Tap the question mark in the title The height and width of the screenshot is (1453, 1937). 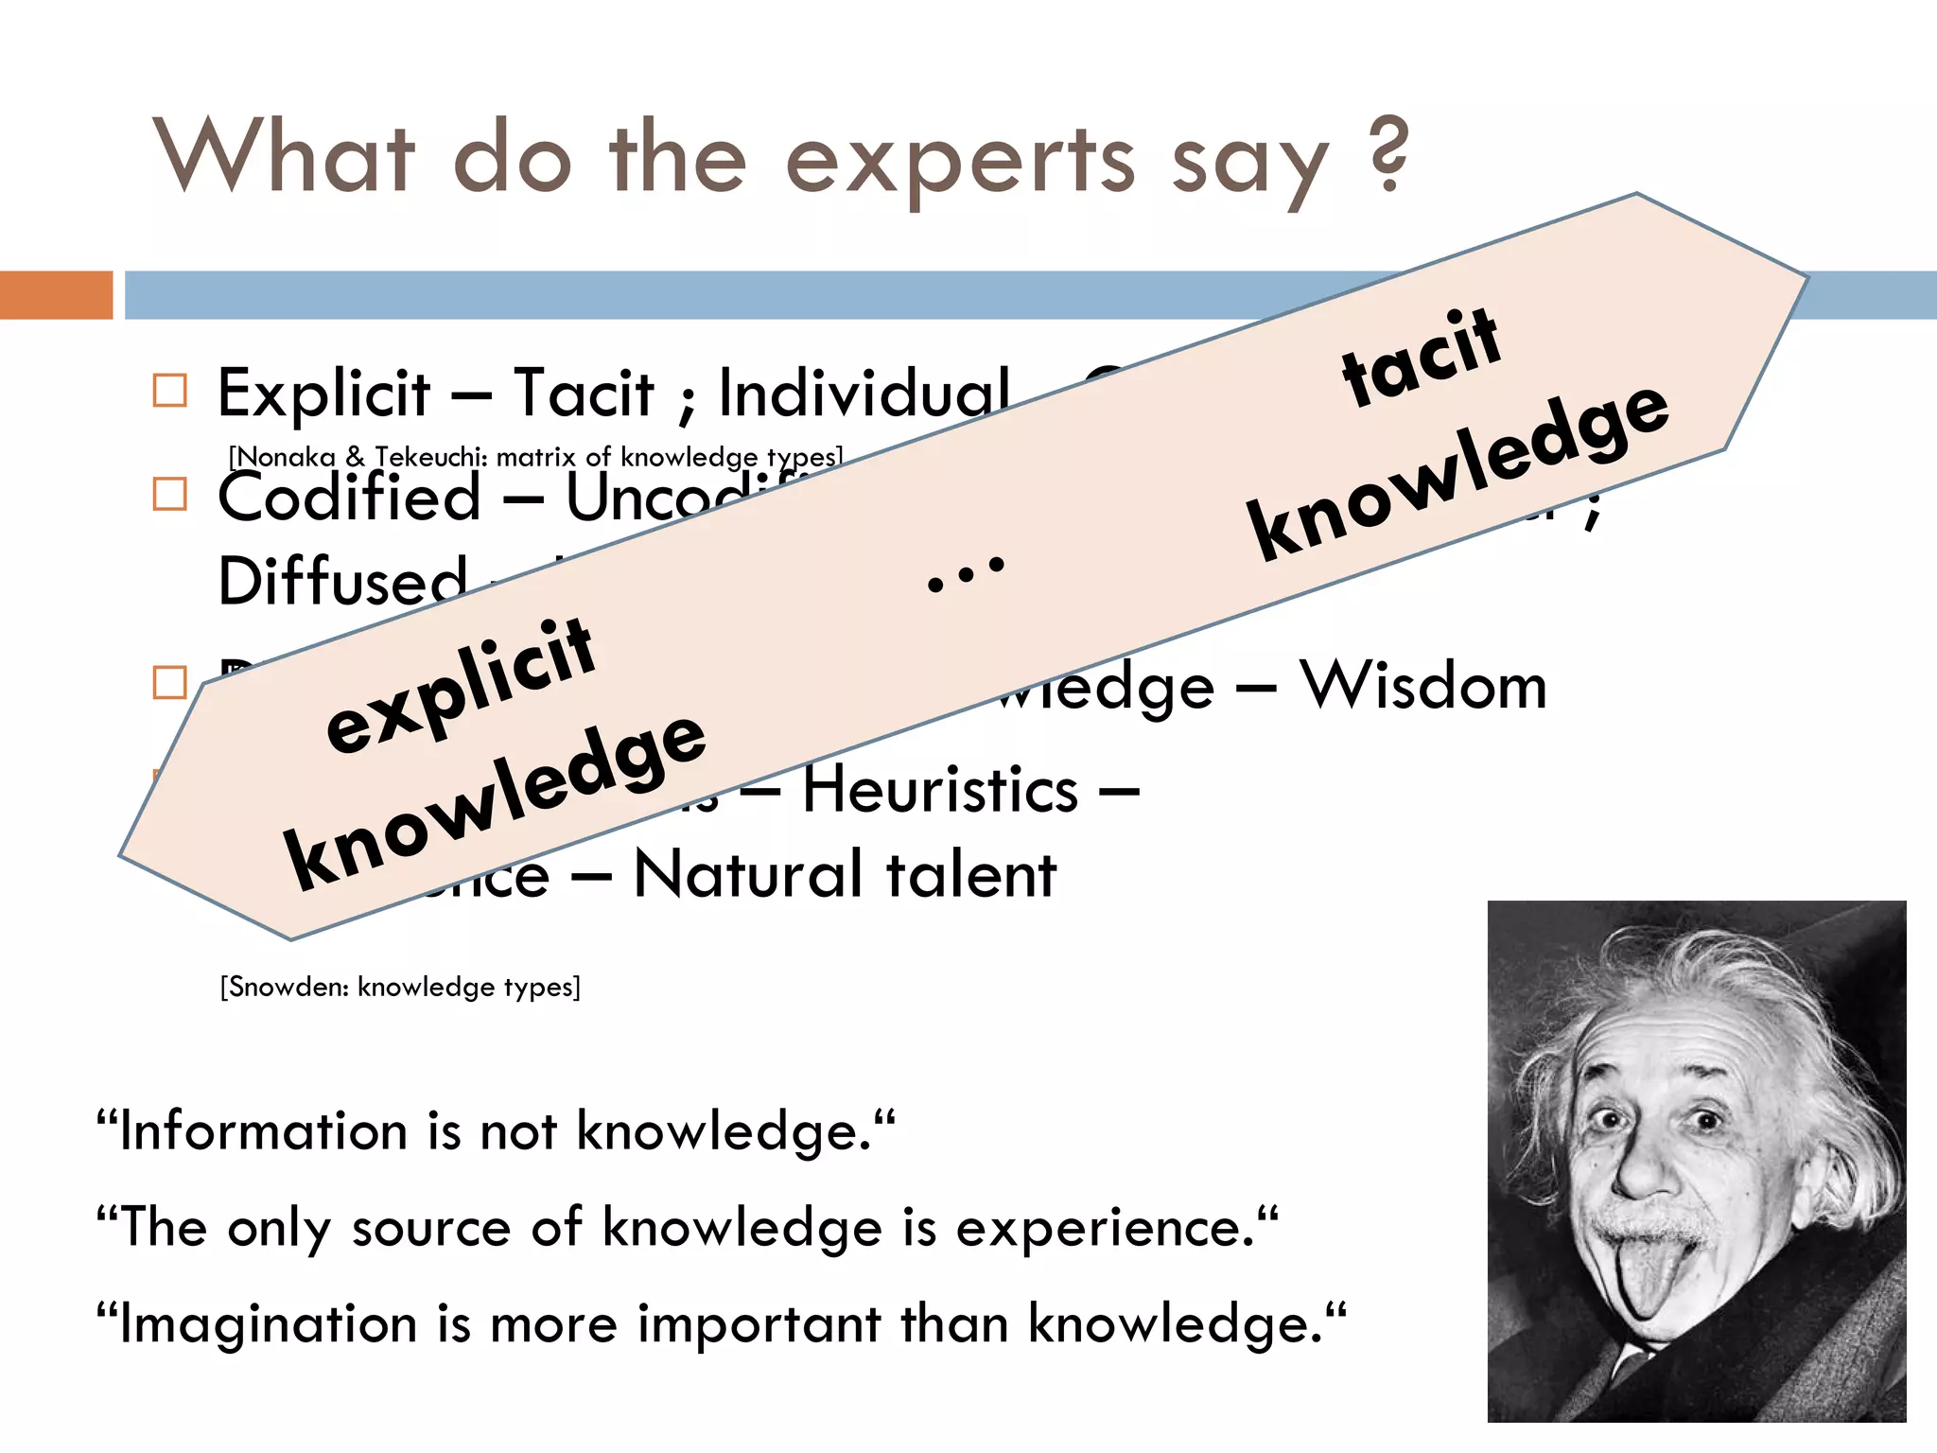point(1387,153)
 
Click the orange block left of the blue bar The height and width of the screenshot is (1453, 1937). point(56,294)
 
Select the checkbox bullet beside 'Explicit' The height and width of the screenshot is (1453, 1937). point(170,390)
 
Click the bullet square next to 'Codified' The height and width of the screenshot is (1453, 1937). point(170,494)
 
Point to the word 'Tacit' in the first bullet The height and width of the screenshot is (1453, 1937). point(583,393)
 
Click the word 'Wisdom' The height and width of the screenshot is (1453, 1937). point(1422,685)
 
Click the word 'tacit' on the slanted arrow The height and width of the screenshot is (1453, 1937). point(1421,357)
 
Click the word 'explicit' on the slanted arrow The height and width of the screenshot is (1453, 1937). point(460,683)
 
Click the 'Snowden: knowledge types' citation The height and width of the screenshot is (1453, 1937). point(400,987)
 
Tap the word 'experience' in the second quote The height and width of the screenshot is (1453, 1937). point(1103,1228)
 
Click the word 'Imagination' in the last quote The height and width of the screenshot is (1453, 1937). point(269,1323)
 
